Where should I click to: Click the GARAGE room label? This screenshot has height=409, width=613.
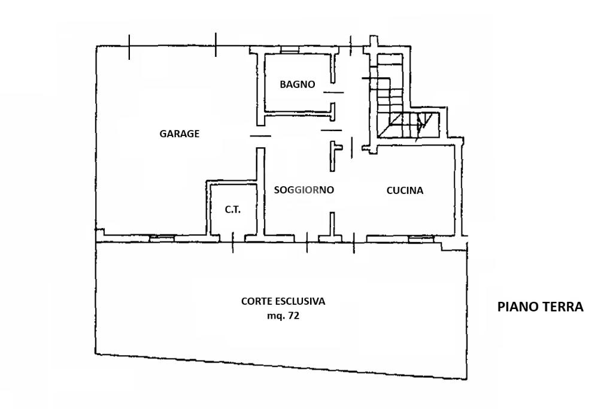[x=179, y=134]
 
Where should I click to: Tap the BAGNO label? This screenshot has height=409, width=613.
[x=297, y=84]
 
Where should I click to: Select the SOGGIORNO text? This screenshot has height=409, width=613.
[x=304, y=190]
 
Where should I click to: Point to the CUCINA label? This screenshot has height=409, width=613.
[x=405, y=190]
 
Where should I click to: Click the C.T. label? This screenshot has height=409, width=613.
[x=233, y=210]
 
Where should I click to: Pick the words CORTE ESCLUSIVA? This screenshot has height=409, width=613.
[x=283, y=301]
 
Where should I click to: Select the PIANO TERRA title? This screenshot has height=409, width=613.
[x=540, y=307]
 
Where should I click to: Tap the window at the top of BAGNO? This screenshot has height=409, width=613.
[x=289, y=52]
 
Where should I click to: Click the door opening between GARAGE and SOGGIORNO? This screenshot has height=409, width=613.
[x=260, y=137]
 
